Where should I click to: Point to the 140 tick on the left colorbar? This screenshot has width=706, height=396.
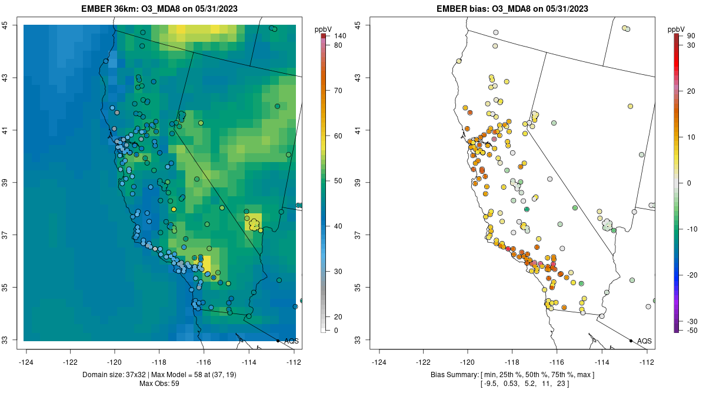click(339, 36)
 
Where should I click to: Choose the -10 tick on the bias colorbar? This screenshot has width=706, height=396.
click(692, 229)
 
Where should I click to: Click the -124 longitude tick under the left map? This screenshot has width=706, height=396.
click(26, 362)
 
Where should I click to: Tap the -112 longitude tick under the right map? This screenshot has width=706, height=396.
click(647, 362)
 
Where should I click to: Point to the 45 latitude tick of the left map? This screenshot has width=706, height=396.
click(5, 25)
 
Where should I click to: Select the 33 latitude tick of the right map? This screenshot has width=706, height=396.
click(358, 340)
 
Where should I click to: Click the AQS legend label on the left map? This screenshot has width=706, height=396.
click(291, 341)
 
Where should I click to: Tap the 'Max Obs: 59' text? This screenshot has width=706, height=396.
click(159, 384)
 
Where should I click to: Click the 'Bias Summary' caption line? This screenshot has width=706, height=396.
click(512, 375)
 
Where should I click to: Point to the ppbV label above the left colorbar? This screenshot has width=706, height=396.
click(323, 28)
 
